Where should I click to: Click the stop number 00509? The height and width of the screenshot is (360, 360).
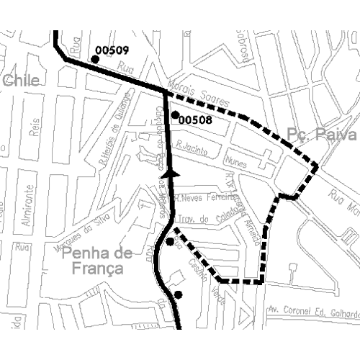click(x=112, y=50)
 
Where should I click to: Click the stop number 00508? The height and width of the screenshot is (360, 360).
click(x=194, y=120)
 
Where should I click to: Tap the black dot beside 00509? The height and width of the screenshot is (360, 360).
click(x=93, y=60)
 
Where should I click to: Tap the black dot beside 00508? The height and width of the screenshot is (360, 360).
click(x=175, y=114)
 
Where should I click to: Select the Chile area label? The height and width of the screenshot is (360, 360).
click(x=20, y=81)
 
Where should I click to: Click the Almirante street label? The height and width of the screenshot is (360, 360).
click(x=30, y=205)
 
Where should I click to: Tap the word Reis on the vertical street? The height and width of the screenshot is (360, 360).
click(x=32, y=128)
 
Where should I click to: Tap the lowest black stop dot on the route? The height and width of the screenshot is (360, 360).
click(x=177, y=294)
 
